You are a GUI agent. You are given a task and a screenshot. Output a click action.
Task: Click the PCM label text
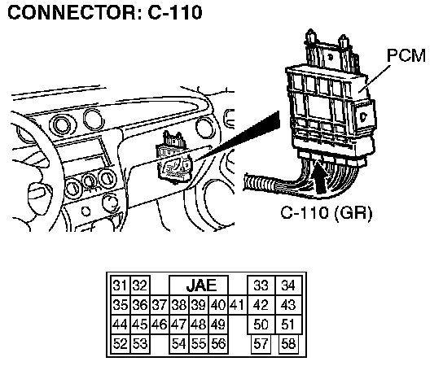click(x=406, y=55)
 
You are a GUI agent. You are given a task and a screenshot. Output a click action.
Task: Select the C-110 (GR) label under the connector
click(x=327, y=213)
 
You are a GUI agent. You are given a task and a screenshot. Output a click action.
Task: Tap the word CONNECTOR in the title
click(x=72, y=12)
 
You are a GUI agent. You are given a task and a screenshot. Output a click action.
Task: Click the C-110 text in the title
click(x=175, y=12)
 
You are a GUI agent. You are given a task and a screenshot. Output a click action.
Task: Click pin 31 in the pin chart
click(x=121, y=285)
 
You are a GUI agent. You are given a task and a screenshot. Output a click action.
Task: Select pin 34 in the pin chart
click(x=288, y=285)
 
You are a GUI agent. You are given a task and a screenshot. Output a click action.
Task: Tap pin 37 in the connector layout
click(x=160, y=305)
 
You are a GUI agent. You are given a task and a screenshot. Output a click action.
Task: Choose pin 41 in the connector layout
click(x=237, y=305)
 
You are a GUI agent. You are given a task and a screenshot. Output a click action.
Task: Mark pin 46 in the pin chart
click(x=160, y=325)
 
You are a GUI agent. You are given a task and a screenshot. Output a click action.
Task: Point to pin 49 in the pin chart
click(x=218, y=325)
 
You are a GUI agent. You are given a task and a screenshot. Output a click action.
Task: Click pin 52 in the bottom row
click(x=121, y=344)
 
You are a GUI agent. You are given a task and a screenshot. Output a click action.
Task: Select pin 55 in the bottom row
click(x=199, y=344)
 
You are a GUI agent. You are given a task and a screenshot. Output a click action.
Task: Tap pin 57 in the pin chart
click(x=261, y=344)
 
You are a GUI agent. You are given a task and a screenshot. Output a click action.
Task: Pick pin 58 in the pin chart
click(x=288, y=344)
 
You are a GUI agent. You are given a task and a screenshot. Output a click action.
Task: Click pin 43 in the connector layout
click(x=288, y=305)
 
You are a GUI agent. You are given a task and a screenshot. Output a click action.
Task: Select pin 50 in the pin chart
click(x=261, y=325)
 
